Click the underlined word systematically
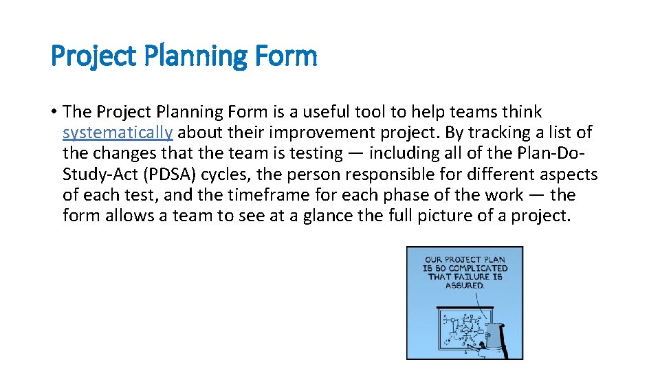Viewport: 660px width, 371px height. click(117, 133)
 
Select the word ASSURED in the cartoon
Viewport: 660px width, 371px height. click(465, 284)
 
